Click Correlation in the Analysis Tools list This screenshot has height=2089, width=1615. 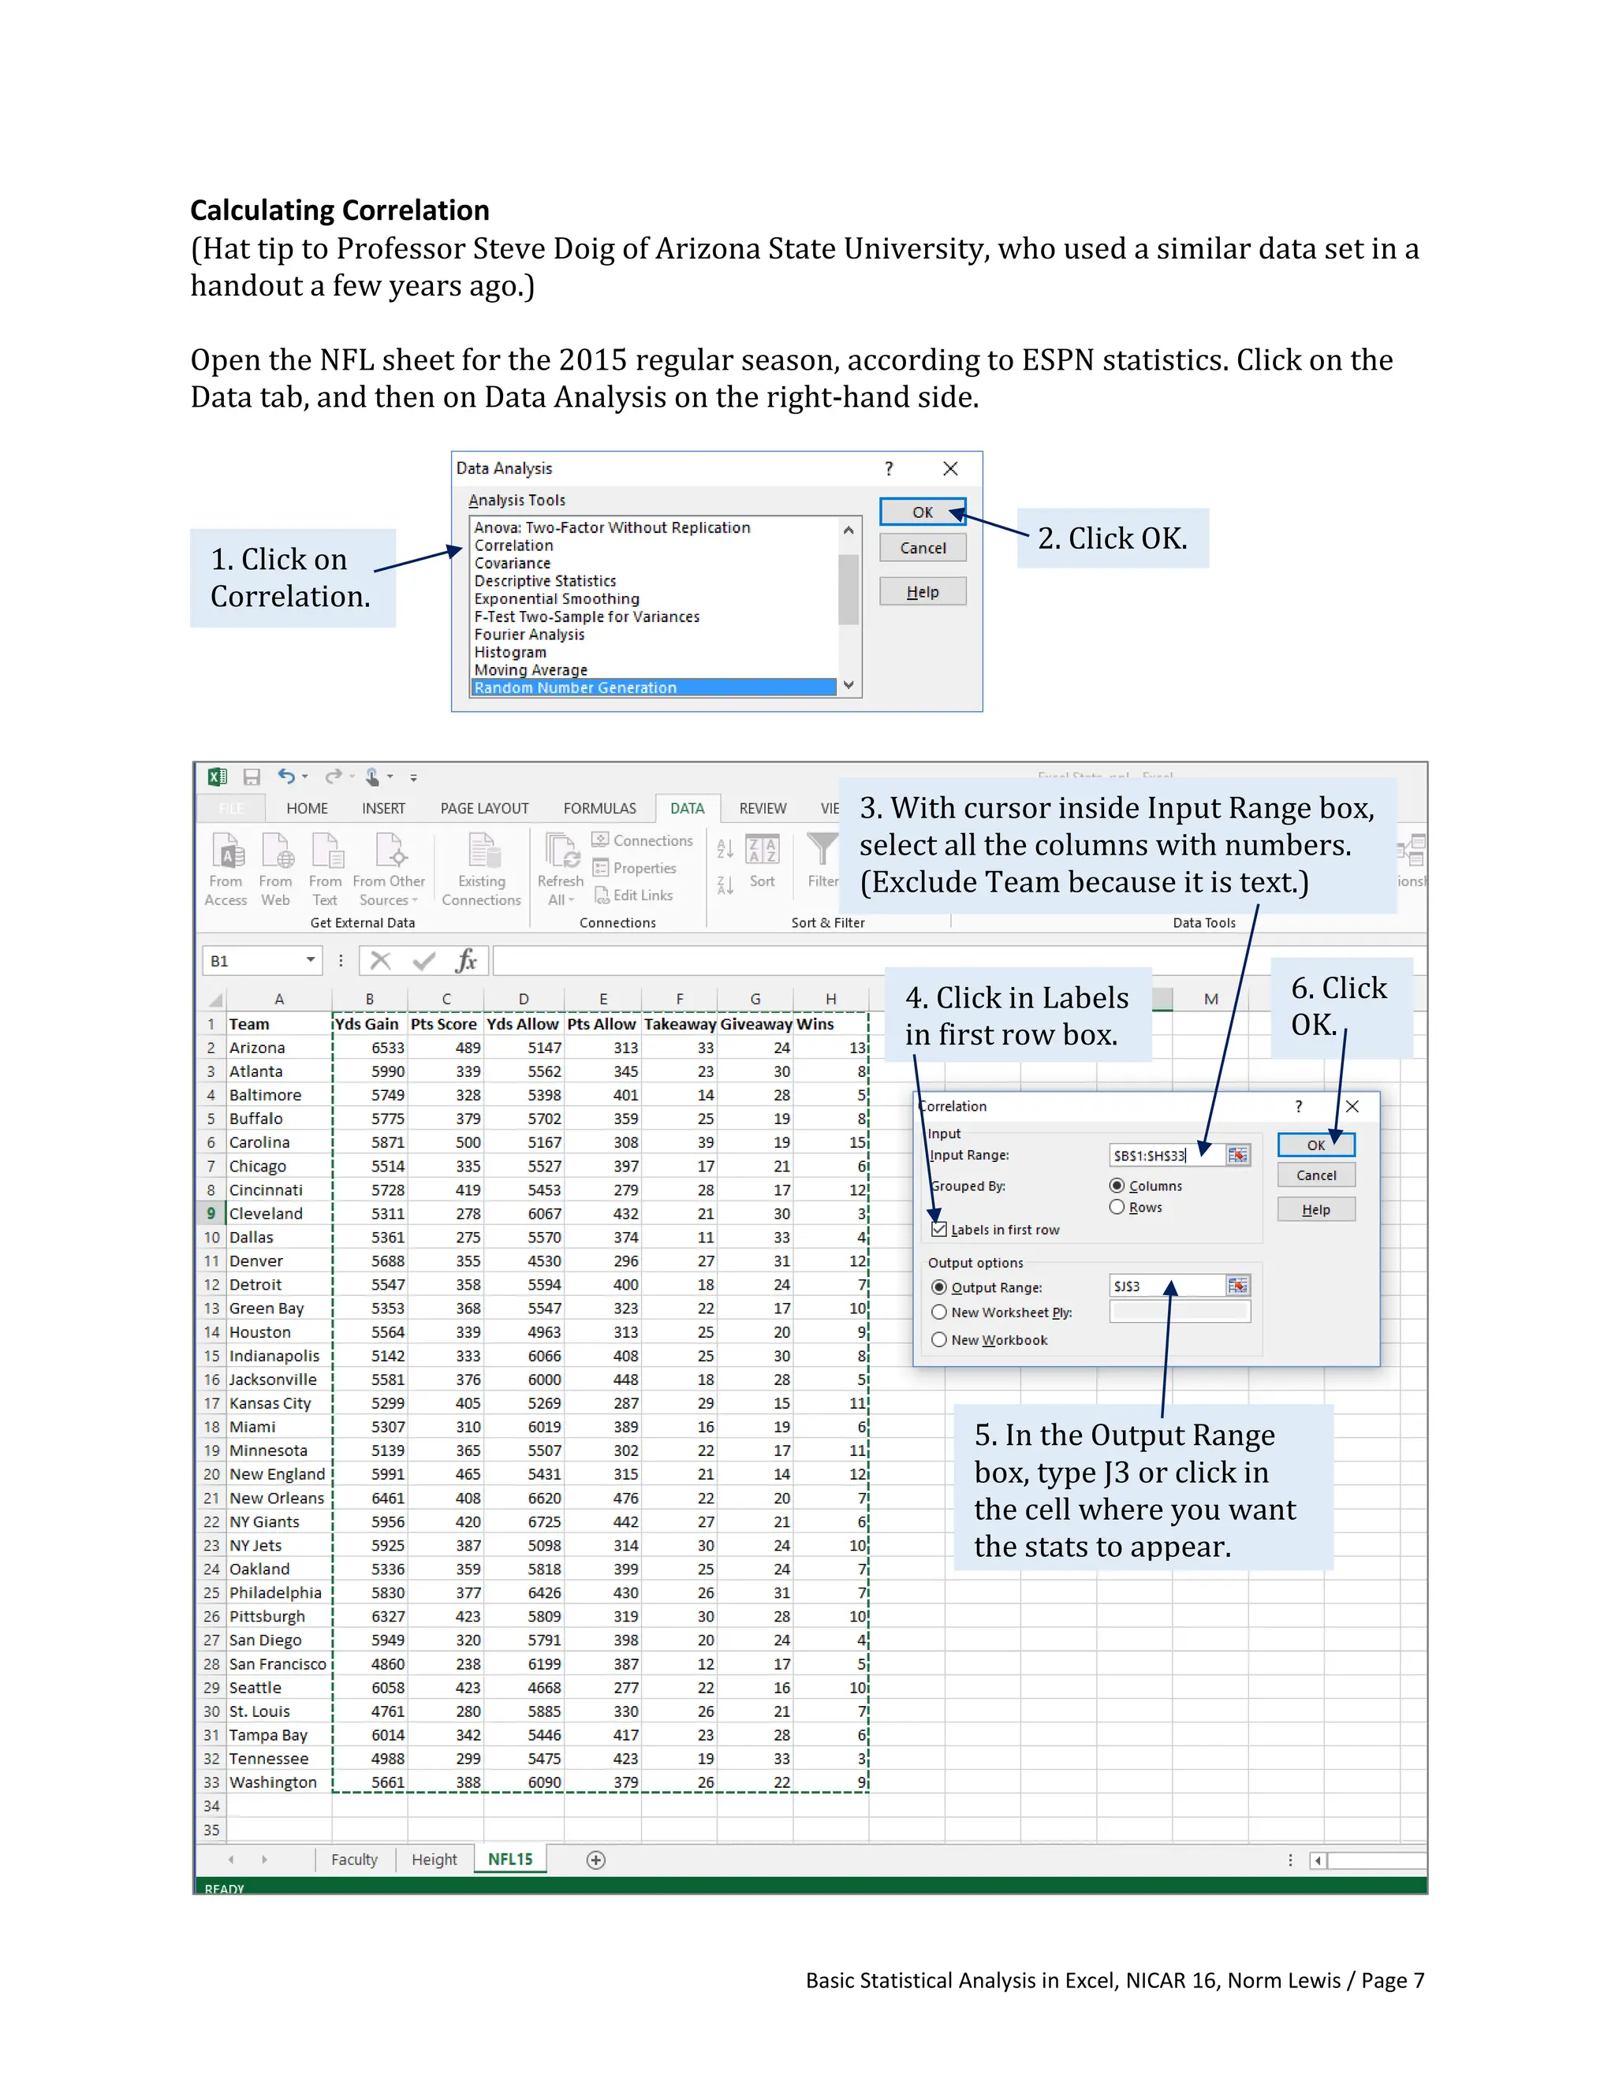coord(514,546)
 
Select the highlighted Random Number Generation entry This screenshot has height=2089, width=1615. coord(575,687)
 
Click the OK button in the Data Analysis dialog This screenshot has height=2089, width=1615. coord(921,512)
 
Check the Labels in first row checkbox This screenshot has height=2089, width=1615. coord(939,1230)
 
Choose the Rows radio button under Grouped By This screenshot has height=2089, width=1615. coord(1117,1207)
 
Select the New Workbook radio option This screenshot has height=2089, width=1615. coord(939,1340)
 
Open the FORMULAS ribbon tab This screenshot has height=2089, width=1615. coord(599,808)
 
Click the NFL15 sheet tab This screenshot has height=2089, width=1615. coord(510,1859)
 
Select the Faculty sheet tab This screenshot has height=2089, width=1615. coord(354,1860)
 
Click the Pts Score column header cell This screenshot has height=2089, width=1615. coord(444,1023)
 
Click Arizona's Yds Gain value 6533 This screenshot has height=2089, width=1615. coord(387,1048)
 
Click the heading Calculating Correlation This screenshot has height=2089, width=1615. coord(340,210)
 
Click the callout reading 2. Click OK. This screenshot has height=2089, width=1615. coord(1112,538)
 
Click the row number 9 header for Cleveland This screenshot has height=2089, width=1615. coord(211,1213)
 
